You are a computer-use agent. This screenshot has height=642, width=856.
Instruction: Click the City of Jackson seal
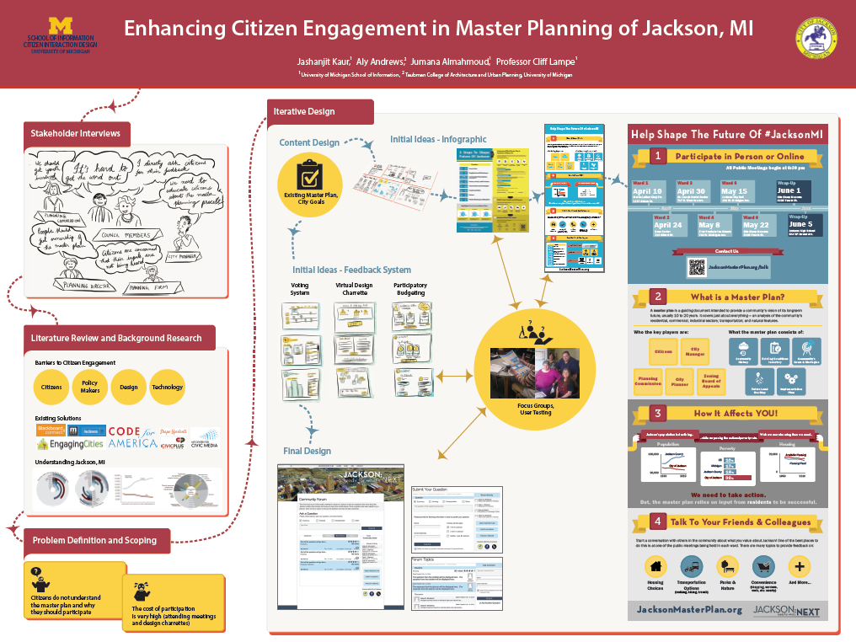[x=815, y=38]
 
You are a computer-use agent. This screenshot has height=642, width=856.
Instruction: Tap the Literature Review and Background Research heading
[x=116, y=338]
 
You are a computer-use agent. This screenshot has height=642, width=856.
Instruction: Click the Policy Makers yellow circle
[x=90, y=387]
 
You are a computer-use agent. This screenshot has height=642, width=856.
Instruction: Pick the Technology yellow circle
[x=167, y=387]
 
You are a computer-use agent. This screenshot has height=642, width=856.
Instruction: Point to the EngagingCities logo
[x=70, y=444]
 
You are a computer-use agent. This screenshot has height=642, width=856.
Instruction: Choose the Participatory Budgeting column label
[x=410, y=290]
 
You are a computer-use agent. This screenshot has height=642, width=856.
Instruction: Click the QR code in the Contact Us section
[x=696, y=267]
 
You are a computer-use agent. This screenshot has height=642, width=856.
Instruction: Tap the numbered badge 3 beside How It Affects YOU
[x=658, y=413]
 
